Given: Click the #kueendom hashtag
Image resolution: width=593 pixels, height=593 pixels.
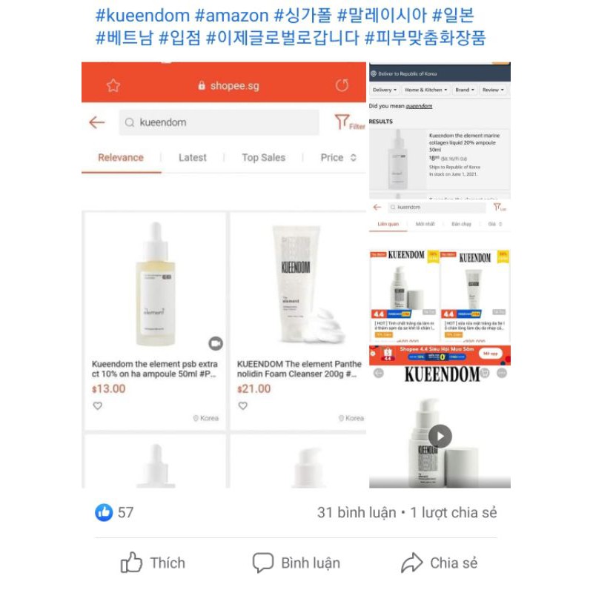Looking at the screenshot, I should [x=140, y=15].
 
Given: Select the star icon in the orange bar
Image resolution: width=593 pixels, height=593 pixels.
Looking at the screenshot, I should [x=113, y=85].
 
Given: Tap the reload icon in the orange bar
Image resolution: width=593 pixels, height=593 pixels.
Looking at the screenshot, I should [x=342, y=85].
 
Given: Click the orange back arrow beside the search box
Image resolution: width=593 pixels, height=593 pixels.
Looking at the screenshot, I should [x=97, y=122].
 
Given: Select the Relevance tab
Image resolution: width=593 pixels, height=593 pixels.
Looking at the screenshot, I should [x=121, y=157].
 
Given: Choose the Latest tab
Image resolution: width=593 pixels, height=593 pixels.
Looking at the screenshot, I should [x=193, y=157].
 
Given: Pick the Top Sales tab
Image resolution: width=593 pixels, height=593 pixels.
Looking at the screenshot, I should [x=263, y=157].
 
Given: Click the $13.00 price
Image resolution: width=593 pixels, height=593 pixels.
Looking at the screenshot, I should [x=108, y=388].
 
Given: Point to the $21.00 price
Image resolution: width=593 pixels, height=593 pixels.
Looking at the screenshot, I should [x=254, y=388].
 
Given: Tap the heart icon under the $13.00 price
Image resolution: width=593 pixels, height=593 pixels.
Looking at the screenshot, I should [x=97, y=405].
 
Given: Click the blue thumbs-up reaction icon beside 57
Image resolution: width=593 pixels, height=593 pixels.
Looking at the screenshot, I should [x=104, y=511].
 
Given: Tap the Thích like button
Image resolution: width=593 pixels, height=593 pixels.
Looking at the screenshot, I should [x=153, y=563].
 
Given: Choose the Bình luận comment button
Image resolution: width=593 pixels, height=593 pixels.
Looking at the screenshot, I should [x=296, y=563].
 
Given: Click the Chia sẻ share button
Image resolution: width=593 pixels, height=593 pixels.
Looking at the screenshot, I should [x=440, y=563].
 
